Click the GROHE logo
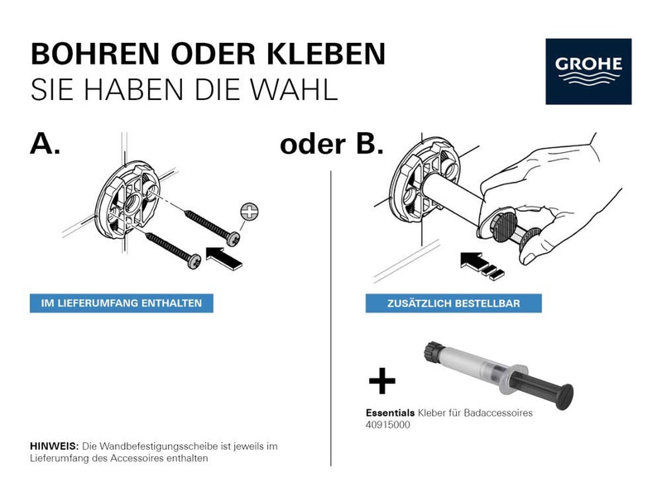pyautogui.click(x=588, y=71)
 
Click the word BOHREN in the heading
pyautogui.click(x=95, y=54)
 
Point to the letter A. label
pyautogui.click(x=45, y=143)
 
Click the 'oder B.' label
pyautogui.click(x=332, y=144)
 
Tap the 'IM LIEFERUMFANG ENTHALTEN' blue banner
pyautogui.click(x=121, y=303)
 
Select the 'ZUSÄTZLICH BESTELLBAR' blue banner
pyautogui.click(x=453, y=303)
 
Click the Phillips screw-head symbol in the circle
pyautogui.click(x=249, y=212)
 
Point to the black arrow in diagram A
pyautogui.click(x=223, y=258)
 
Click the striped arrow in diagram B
pyautogui.click(x=482, y=265)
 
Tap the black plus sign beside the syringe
pyautogui.click(x=382, y=380)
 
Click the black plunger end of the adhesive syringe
pyautogui.click(x=564, y=397)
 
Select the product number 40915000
pyautogui.click(x=387, y=425)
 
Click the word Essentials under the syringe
pyautogui.click(x=390, y=413)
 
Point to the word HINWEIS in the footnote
pyautogui.click(x=54, y=446)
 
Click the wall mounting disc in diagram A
pyautogui.click(x=127, y=199)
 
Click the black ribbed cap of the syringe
pyautogui.click(x=433, y=352)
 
